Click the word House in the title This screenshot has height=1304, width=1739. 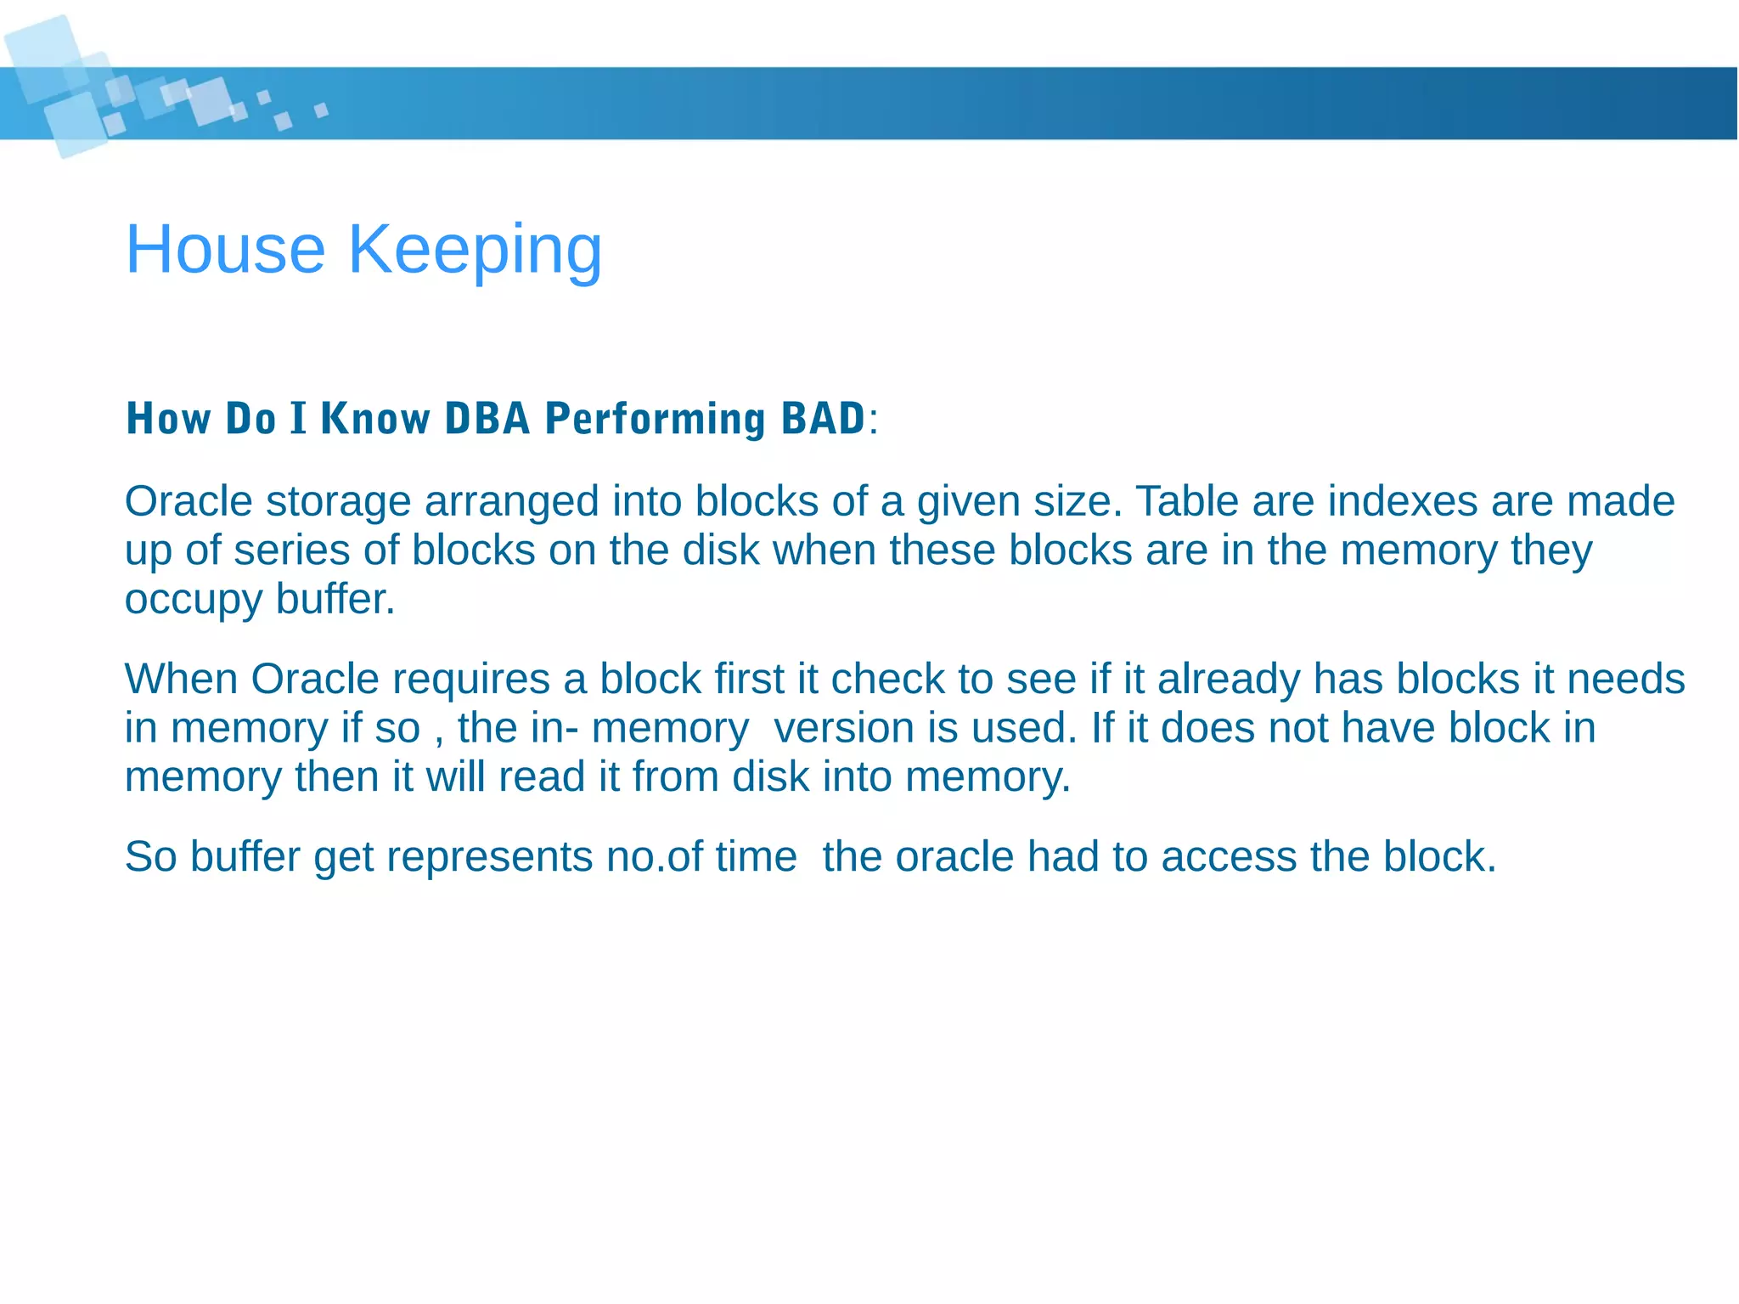(x=225, y=249)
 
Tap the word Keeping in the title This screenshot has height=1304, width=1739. (x=475, y=251)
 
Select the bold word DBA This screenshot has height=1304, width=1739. (x=487, y=419)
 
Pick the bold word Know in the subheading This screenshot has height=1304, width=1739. (x=374, y=419)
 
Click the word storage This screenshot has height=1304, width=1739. (x=338, y=502)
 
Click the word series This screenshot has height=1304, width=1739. (x=291, y=550)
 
